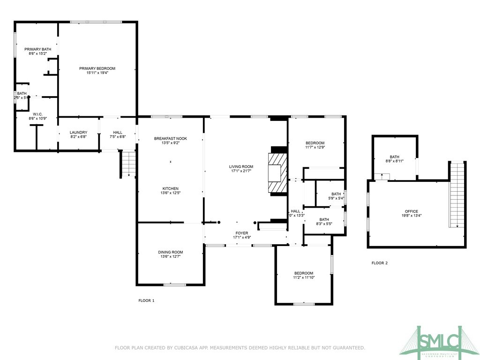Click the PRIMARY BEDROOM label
[97, 68]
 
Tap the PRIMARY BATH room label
[37, 49]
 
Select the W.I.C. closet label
[37, 114]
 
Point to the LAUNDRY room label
[78, 133]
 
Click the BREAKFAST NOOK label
[171, 138]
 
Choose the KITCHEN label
[170, 188]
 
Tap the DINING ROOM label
[170, 252]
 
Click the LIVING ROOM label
[241, 166]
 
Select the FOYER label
[242, 233]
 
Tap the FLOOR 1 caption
[146, 300]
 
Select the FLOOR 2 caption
[380, 263]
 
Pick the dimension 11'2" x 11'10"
[304, 277]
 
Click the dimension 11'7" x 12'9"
[315, 147]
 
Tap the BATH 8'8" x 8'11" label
[394, 161]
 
